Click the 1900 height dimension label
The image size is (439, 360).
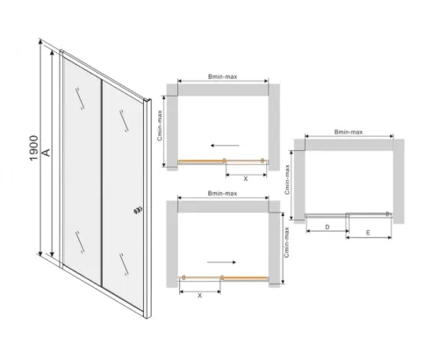pos(34,148)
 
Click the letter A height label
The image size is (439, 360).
pos(47,152)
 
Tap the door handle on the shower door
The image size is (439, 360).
pos(138,211)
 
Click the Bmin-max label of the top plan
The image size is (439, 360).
pos(223,76)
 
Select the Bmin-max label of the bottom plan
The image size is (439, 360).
pos(222,193)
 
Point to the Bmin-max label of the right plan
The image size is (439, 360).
pos(349,132)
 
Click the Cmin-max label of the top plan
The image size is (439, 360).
pos(160,126)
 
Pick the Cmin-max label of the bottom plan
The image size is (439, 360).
pos(286,242)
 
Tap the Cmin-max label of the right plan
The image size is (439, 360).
pos(287,180)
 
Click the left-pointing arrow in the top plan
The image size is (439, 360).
pos(225,145)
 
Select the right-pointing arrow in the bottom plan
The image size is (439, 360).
pos(221,263)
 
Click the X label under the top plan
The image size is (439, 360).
pos(246,179)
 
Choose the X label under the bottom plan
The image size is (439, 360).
pos(199,296)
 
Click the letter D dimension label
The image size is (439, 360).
pos(327,227)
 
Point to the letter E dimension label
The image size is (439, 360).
pos(368,233)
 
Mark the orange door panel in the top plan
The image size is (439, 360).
pos(202,161)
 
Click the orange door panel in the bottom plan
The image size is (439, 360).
pos(245,277)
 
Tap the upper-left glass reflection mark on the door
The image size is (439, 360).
pos(80,98)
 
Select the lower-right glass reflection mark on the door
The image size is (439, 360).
pos(124,264)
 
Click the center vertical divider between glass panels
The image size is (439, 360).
pos(102,183)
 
